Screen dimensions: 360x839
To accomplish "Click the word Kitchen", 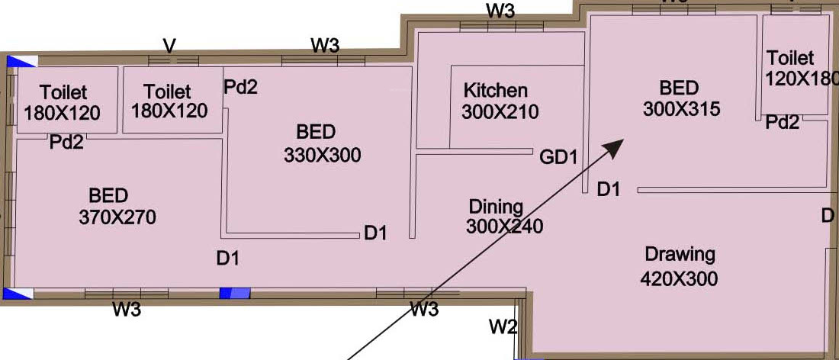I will click(496, 91).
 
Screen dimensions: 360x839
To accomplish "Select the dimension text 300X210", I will click(500, 111).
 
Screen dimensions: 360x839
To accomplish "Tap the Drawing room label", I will click(680, 254).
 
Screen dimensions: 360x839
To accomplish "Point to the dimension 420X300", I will click(680, 278).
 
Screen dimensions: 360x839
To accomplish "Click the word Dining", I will click(496, 207).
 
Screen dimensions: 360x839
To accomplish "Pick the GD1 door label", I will click(558, 158).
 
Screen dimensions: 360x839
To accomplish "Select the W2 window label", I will click(503, 327).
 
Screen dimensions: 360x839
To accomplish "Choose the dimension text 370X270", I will click(117, 217).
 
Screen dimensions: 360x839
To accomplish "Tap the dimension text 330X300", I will click(323, 156).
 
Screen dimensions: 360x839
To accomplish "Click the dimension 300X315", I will click(681, 109).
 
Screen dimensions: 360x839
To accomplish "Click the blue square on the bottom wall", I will click(235, 293).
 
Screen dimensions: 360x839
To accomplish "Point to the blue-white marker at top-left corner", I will click(21, 62).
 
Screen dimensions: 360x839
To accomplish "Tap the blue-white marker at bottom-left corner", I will click(18, 294).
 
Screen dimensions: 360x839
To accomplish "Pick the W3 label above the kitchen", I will click(500, 11).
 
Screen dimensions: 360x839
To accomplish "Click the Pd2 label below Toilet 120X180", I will click(783, 122).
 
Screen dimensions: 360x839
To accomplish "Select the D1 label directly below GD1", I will click(608, 188).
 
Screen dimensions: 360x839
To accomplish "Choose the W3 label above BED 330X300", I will click(325, 45).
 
